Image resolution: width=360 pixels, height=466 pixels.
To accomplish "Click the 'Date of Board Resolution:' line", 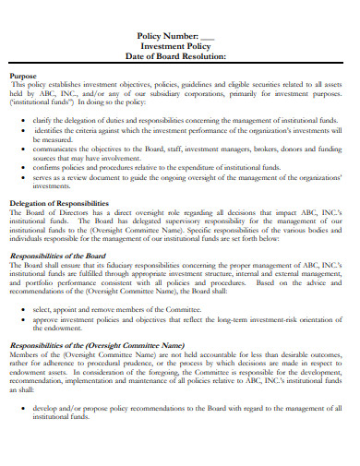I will [182, 56].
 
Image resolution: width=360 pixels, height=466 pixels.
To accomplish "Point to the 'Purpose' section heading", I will [23, 78].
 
